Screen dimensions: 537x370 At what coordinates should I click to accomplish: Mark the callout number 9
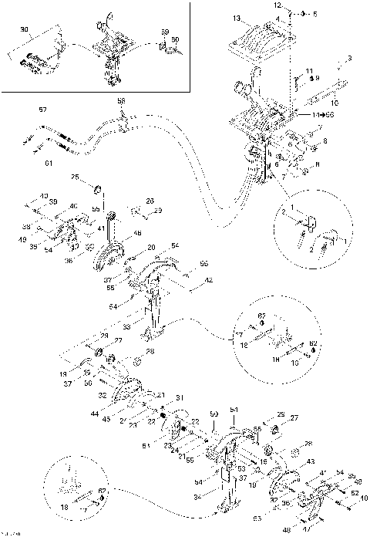316,79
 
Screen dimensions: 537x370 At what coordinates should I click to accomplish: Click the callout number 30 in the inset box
24,30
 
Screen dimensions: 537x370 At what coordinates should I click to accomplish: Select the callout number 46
137,232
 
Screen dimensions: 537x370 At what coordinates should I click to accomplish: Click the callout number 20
152,247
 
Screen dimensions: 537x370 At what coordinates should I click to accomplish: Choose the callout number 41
101,229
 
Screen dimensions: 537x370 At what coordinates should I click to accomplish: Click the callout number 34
197,496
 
